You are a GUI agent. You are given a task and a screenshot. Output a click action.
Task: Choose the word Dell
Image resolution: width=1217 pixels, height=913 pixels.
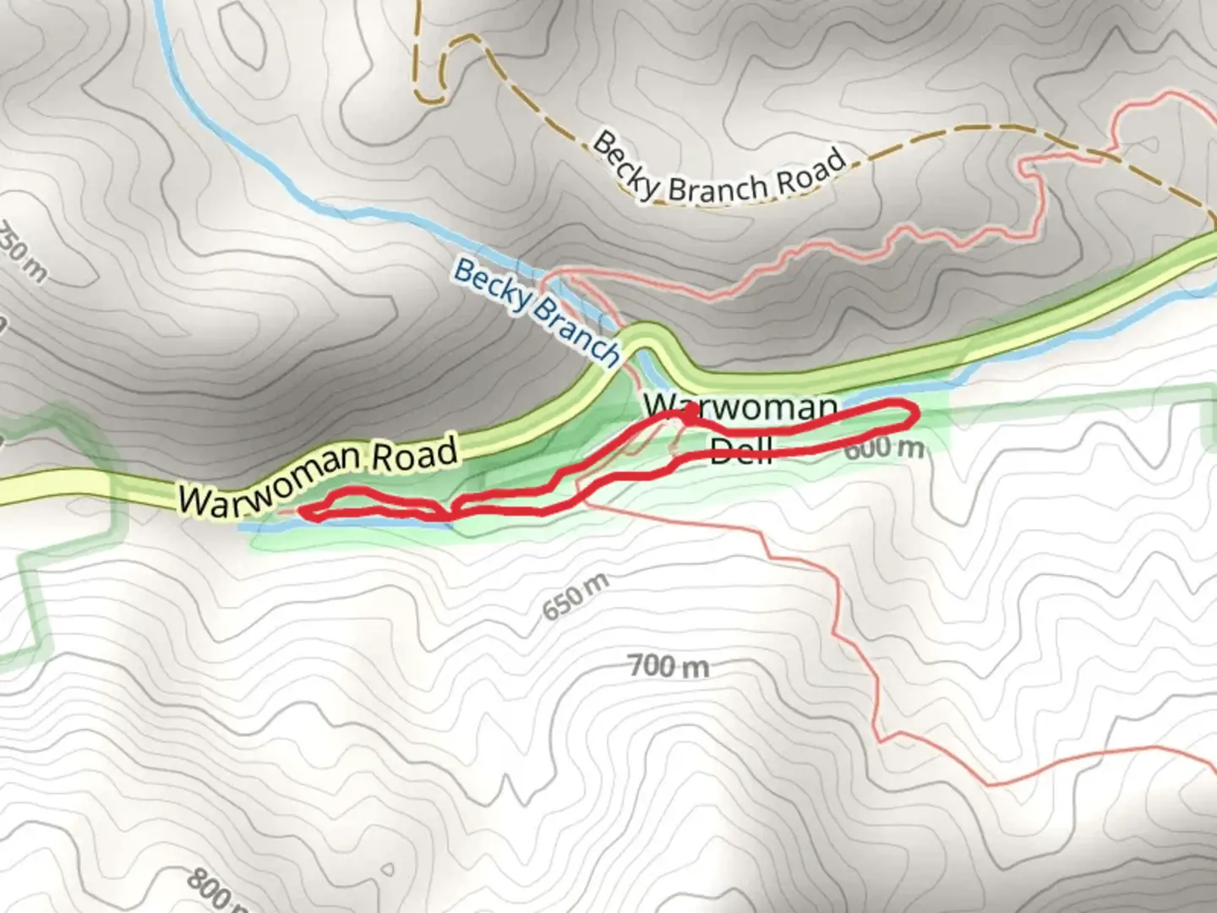[x=741, y=449]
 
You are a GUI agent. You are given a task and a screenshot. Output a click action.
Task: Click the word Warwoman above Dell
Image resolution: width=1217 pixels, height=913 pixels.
[x=740, y=407]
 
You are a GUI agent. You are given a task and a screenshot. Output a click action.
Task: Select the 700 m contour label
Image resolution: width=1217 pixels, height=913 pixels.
[x=669, y=667]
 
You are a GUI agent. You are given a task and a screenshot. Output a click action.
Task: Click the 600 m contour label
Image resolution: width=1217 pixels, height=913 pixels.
[x=883, y=447]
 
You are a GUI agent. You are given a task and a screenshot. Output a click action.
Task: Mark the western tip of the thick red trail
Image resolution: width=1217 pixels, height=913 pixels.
[x=303, y=510]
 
